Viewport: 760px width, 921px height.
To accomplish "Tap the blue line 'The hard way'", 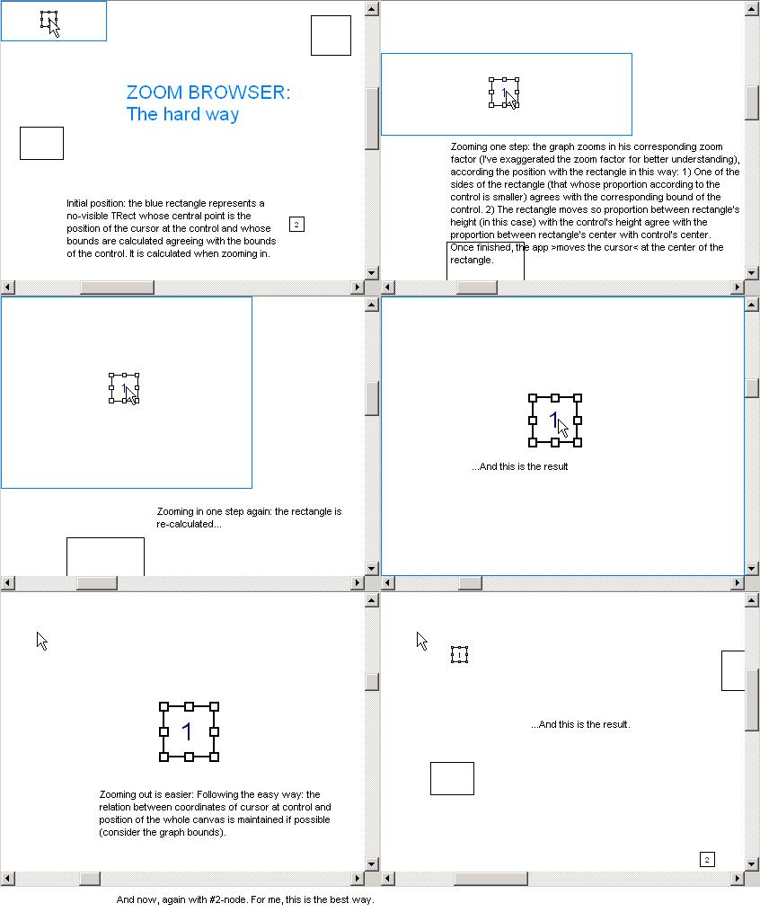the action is [182, 114].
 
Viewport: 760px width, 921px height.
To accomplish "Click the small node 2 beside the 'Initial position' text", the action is [296, 225].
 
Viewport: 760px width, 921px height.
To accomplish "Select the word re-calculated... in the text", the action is [190, 524].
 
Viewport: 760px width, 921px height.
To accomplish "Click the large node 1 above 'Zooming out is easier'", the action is [190, 732].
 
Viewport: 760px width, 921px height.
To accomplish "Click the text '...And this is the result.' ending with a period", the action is [580, 725].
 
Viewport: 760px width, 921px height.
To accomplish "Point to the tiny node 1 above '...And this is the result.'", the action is [459, 655].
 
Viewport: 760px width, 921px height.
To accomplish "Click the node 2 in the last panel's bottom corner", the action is [707, 860].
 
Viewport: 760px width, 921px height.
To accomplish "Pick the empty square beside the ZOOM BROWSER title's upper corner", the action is [331, 36].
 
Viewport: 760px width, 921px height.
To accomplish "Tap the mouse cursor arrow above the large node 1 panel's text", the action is [41, 641].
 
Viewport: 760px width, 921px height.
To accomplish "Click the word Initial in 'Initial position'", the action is [77, 203].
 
